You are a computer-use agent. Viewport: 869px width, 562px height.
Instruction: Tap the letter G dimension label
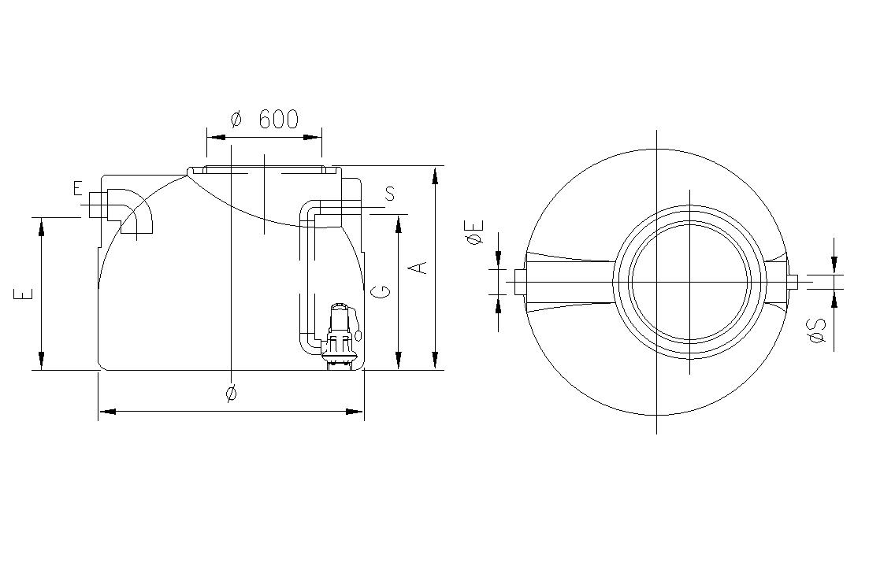pyautogui.click(x=382, y=291)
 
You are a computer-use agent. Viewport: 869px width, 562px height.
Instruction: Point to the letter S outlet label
pyautogui.click(x=390, y=194)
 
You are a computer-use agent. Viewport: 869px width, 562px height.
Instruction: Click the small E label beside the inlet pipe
pyautogui.click(x=77, y=189)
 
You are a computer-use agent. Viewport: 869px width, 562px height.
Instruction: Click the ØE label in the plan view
pyautogui.click(x=475, y=232)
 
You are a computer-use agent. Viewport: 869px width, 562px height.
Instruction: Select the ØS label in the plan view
pyautogui.click(x=817, y=331)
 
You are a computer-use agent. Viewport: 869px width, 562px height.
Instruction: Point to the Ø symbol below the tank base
pyautogui.click(x=232, y=393)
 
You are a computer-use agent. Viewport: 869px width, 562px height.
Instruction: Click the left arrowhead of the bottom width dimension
pyautogui.click(x=107, y=412)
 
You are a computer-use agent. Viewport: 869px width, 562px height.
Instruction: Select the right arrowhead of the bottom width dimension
pyautogui.click(x=355, y=412)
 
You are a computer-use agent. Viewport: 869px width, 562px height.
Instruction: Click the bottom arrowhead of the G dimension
pyautogui.click(x=398, y=360)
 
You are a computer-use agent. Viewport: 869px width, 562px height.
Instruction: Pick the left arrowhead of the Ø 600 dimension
pyautogui.click(x=216, y=137)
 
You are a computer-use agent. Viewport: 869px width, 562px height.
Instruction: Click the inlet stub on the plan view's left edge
pyautogui.click(x=521, y=282)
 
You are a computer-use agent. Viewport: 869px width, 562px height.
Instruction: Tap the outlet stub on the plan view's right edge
pyautogui.click(x=792, y=282)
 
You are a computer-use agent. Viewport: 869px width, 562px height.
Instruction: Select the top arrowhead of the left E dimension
pyautogui.click(x=41, y=227)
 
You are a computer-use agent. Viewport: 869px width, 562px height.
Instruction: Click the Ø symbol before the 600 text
pyautogui.click(x=236, y=119)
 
